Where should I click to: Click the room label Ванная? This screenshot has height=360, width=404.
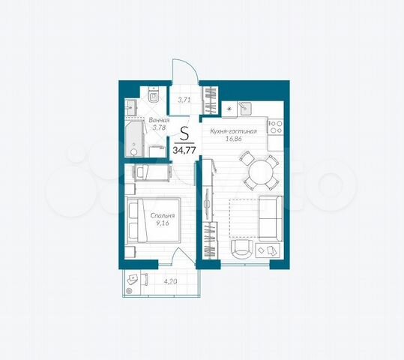[158, 120]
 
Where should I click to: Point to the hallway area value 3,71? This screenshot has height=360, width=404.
[184, 99]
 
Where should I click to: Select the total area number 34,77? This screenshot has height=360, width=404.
[184, 150]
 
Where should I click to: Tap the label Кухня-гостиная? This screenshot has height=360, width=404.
[234, 131]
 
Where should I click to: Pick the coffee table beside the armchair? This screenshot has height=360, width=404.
[266, 250]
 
